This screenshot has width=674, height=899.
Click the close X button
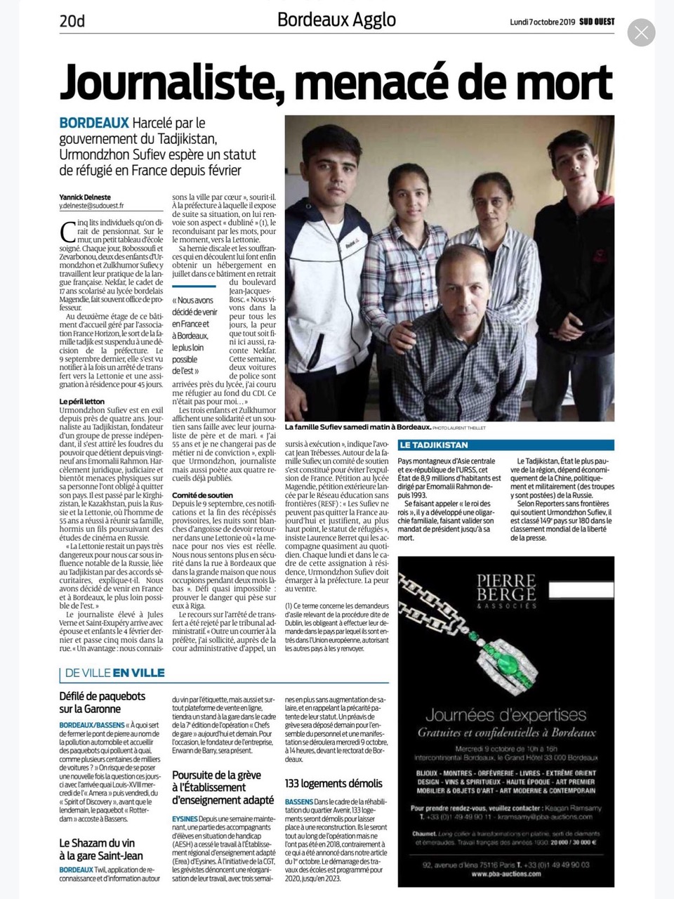click(x=641, y=32)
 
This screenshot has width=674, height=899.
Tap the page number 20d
click(x=72, y=21)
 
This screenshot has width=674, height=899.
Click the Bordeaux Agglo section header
click(x=336, y=20)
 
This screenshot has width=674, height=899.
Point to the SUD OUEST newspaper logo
click(x=597, y=22)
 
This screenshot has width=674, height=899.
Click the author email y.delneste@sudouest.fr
click(x=91, y=206)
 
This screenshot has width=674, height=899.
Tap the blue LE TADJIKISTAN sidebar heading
click(x=434, y=445)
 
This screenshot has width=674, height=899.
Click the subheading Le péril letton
click(x=82, y=401)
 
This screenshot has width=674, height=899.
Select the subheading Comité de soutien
click(x=202, y=495)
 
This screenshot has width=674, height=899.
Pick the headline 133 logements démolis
click(x=333, y=783)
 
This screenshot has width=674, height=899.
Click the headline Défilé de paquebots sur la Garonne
click(x=103, y=702)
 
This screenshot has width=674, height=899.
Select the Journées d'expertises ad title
click(x=505, y=715)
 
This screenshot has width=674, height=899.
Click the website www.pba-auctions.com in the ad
click(x=505, y=874)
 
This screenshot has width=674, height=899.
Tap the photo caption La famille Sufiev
click(x=357, y=426)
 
